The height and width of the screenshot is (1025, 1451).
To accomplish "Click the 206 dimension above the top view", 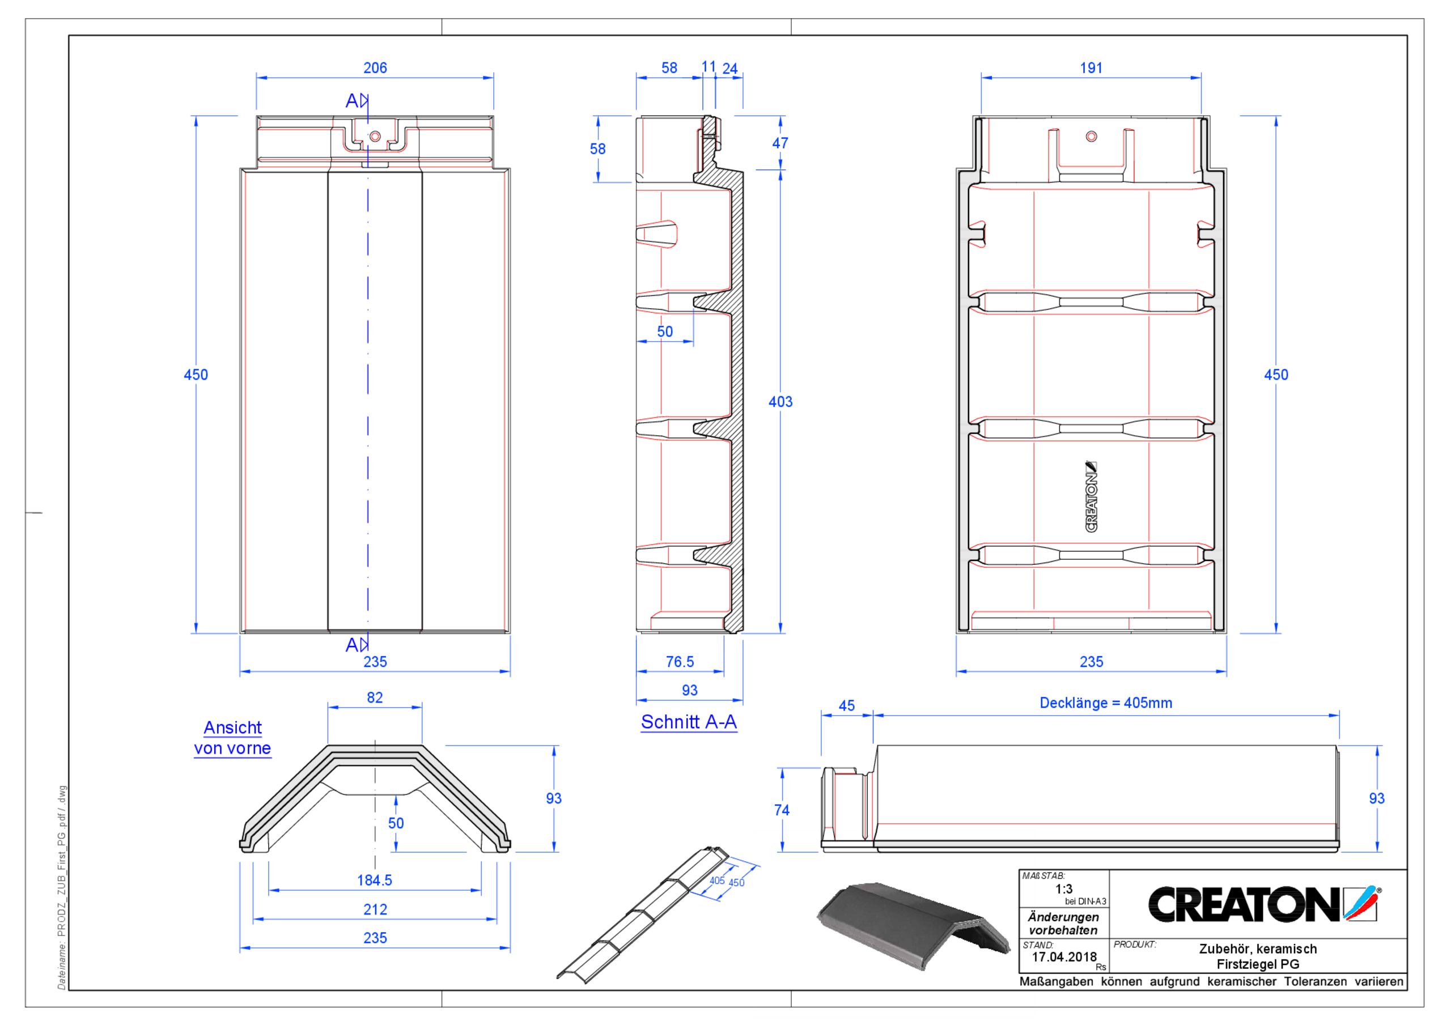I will pyautogui.click(x=375, y=67).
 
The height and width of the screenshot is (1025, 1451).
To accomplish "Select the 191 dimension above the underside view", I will pyautogui.click(x=1091, y=67).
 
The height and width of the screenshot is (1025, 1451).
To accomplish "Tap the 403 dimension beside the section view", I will pyautogui.click(x=780, y=401).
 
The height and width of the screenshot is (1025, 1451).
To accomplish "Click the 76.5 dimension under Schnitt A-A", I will pyautogui.click(x=680, y=662).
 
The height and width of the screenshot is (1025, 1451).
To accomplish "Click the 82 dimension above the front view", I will pyautogui.click(x=375, y=697).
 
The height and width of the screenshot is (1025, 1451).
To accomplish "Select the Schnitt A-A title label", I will pyautogui.click(x=688, y=722).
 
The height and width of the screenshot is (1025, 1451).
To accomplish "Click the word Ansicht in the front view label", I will pyautogui.click(x=232, y=728).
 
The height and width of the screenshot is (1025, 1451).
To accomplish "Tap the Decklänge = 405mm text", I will pyautogui.click(x=1105, y=703).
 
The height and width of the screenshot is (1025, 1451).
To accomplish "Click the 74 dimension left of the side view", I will pyautogui.click(x=781, y=810).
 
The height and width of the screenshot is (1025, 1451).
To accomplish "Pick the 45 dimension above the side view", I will pyautogui.click(x=846, y=705).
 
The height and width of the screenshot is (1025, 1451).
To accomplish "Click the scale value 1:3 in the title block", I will pyautogui.click(x=1064, y=888).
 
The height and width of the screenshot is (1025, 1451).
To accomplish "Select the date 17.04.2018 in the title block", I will pyautogui.click(x=1064, y=957).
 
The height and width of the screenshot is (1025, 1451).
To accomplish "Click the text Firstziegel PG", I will pyautogui.click(x=1257, y=964).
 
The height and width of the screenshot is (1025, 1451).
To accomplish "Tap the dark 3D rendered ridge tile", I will pyautogui.click(x=910, y=922).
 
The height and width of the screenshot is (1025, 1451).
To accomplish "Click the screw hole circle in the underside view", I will pyautogui.click(x=1092, y=137).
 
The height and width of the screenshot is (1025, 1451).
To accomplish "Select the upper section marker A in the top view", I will pyautogui.click(x=353, y=100).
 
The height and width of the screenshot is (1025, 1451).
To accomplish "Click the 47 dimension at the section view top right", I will pyautogui.click(x=780, y=143).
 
